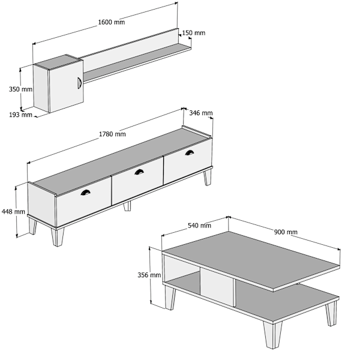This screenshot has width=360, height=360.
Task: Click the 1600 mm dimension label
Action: (112, 22)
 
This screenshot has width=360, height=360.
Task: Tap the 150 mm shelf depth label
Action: (194, 33)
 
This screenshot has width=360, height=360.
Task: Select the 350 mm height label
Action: (20, 89)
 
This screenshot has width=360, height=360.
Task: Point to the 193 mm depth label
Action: (20, 115)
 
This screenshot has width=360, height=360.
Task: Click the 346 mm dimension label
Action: (200, 113)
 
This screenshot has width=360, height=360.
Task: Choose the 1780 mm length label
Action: (112, 134)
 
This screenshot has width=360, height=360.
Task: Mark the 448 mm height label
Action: (13, 211)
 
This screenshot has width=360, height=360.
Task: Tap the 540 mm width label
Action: (199, 226)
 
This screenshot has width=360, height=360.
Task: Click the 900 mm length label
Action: (286, 232)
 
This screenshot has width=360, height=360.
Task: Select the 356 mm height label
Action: (149, 275)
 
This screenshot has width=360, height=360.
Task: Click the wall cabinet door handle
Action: (79, 83)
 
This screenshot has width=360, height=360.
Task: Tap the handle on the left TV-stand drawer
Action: (85, 193)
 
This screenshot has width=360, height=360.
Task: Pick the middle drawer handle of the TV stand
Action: (139, 172)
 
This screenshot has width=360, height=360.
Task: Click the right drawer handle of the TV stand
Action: (189, 152)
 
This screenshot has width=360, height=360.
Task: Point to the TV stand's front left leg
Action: (58, 237)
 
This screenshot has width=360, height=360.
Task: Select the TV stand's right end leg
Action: (208, 177)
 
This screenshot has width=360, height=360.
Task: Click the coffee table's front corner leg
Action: (273, 335)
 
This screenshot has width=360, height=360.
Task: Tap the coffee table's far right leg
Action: (331, 314)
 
